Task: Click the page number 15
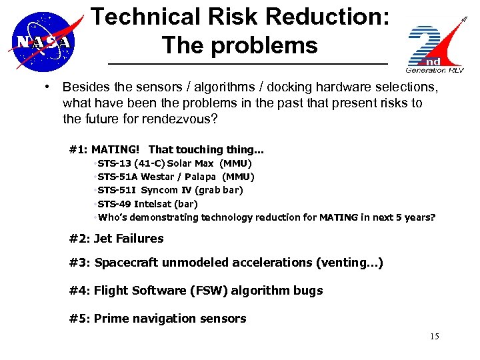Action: pos(435,336)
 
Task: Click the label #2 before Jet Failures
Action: pos(79,238)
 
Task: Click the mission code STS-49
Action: pos(114,204)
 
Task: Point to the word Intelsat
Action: pos(157,204)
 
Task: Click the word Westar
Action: pos(157,177)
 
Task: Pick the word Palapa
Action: pos(201,177)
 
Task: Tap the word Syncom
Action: pos(159,190)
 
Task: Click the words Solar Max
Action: pos(191,163)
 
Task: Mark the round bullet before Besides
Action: pos(49,87)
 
